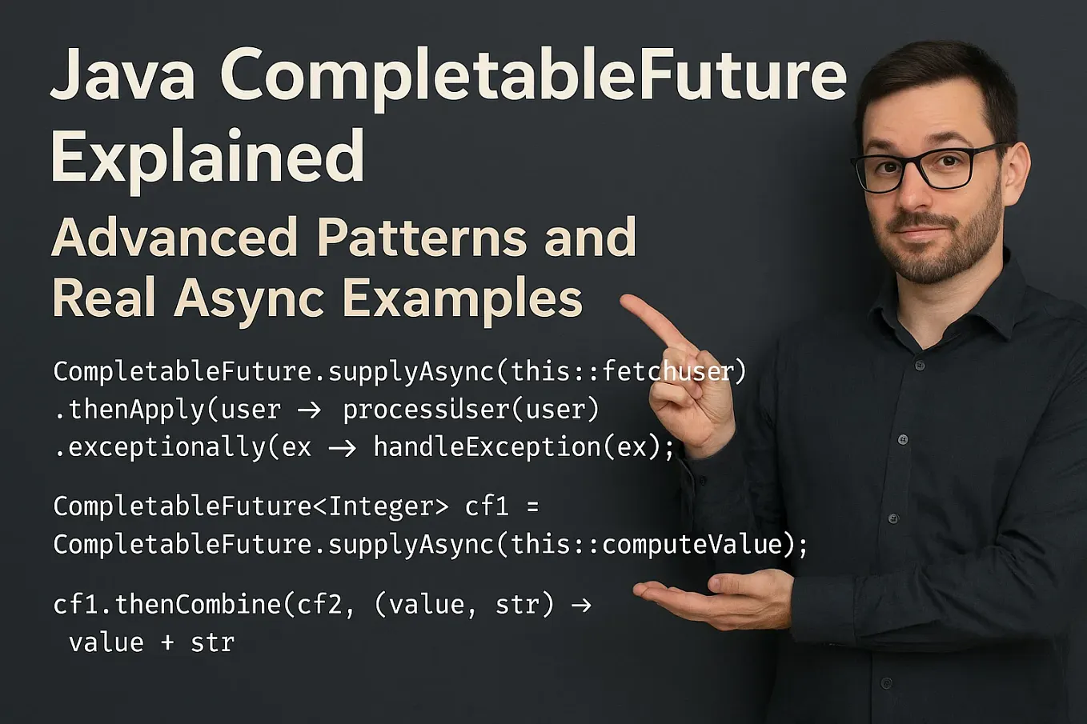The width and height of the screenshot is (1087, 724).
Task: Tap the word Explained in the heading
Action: pos(207,157)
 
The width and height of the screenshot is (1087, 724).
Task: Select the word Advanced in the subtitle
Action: pos(174,238)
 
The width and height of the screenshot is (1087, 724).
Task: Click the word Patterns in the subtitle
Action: pos(421,238)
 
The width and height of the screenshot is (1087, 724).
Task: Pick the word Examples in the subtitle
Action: pos(462,298)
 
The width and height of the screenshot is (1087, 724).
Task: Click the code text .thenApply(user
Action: pos(167,410)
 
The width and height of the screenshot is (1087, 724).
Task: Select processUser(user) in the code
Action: pos(471,410)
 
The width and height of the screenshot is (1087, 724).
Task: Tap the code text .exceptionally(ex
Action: pos(183,447)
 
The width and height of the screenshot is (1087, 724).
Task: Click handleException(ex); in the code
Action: pos(524,447)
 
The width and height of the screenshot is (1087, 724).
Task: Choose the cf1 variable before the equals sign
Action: pos(487,506)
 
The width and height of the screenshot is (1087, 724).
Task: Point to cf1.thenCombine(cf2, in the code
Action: pos(204,604)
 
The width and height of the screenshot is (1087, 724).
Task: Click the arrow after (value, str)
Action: pos(581,605)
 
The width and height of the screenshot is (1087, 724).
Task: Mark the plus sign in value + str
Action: pos(167,642)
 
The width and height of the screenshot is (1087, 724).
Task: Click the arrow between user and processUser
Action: pos(309,410)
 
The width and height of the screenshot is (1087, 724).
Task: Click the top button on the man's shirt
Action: pos(919,366)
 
